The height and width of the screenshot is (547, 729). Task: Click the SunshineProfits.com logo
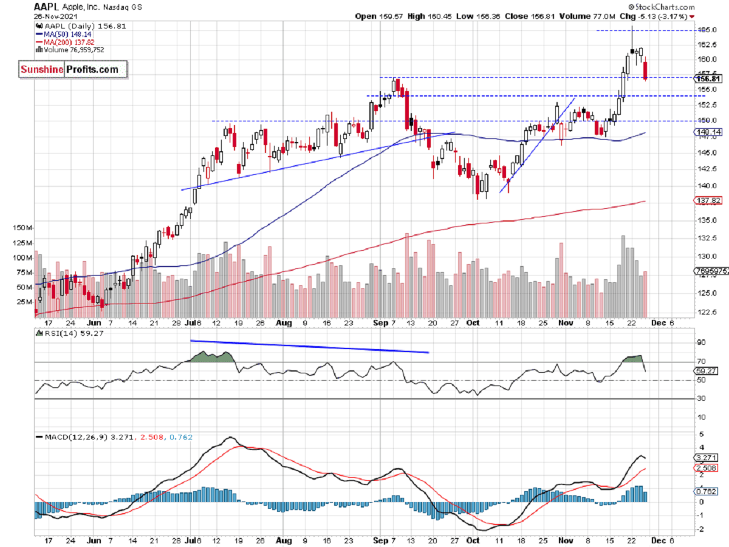click(73, 69)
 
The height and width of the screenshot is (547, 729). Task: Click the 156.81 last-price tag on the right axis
click(708, 78)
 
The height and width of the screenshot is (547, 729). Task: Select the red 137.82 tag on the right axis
click(708, 200)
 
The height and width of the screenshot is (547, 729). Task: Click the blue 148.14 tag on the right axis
click(708, 131)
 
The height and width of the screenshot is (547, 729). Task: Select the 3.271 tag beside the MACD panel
click(707, 457)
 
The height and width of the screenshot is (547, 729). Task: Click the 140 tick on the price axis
click(703, 186)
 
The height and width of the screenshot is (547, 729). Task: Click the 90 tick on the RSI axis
click(700, 344)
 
